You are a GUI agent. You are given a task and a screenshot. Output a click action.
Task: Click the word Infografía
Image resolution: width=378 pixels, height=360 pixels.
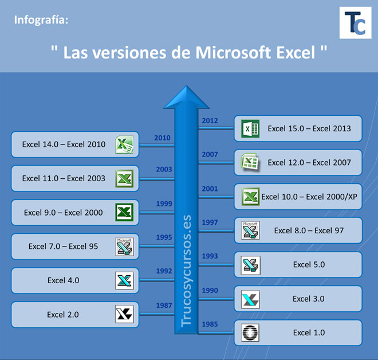[x=41, y=21]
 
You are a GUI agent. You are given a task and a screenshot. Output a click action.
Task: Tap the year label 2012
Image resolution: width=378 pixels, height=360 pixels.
[x=210, y=120]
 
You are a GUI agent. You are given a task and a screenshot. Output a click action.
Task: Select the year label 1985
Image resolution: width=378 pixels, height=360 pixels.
[x=210, y=324]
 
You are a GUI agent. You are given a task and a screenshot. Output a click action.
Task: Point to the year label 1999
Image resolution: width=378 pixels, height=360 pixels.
[x=164, y=204]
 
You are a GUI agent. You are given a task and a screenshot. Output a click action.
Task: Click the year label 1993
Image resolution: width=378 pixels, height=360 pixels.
[x=210, y=256]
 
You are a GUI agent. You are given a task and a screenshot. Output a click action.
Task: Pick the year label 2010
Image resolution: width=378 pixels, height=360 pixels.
[x=163, y=138]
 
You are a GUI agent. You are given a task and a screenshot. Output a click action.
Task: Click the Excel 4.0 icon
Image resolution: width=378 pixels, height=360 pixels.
[x=124, y=280]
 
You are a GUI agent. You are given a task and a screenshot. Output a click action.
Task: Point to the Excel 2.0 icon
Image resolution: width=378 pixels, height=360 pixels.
[x=124, y=314]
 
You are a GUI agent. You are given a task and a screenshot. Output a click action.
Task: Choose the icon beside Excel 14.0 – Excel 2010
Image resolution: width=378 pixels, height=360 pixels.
[x=124, y=144]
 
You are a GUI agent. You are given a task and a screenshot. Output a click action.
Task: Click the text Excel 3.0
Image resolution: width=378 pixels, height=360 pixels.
[x=309, y=299]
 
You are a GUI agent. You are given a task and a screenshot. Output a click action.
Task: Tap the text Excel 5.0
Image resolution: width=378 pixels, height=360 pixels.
[x=309, y=265]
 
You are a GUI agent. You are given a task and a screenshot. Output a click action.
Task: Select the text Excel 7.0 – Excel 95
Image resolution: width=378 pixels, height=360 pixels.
[x=63, y=246]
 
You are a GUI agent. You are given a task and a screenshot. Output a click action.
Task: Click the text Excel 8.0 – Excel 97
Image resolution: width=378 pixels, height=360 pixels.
[x=309, y=231]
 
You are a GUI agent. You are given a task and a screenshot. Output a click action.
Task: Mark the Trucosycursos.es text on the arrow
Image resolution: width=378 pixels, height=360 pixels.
[x=186, y=271]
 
